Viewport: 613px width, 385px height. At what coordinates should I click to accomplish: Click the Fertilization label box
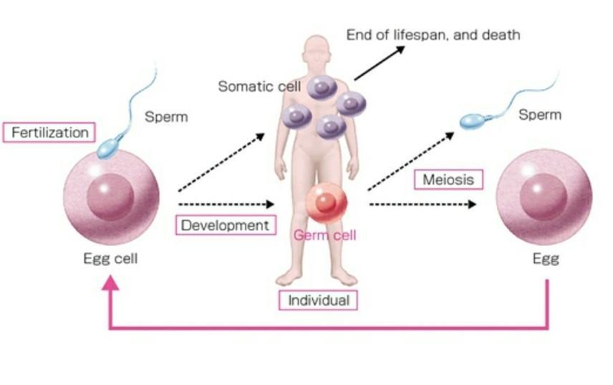pos(49,133)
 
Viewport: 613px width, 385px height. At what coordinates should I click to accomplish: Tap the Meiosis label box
pos(448,179)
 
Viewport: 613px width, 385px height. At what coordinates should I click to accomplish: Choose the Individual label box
pos(317,300)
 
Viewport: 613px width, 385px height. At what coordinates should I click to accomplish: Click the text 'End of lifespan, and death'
pos(433,34)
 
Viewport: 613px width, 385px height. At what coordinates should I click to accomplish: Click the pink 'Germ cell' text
pos(324,234)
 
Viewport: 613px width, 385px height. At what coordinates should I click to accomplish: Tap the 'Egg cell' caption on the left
pos(110,259)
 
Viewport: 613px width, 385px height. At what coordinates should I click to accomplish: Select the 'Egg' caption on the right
pos(545,259)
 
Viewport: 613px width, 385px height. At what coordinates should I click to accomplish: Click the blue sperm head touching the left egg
pos(110,147)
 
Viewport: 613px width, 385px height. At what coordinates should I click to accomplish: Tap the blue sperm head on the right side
pos(472,122)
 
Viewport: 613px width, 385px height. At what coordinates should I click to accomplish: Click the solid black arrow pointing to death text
pos(380,62)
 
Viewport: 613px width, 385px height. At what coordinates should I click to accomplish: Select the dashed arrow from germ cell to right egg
pos(423,204)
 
